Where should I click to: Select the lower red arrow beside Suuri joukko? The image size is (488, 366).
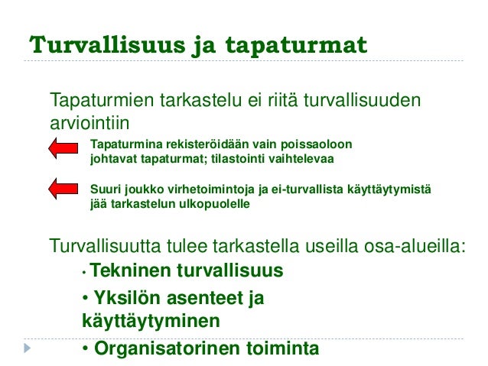63,188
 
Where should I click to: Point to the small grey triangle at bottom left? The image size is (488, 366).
28,348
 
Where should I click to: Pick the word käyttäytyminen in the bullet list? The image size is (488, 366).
150,321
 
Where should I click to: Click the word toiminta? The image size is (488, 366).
281,348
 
